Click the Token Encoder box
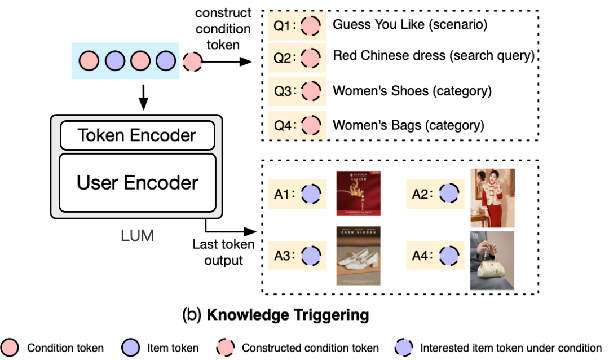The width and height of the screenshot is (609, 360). point(137,135)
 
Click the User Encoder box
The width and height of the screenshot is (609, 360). point(137,183)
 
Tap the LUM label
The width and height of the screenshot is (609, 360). point(138,235)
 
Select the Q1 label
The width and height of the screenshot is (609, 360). point(281,25)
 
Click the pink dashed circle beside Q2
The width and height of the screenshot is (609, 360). point(310,58)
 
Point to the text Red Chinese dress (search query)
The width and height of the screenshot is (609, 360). point(433,56)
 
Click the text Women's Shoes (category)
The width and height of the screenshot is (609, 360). point(412,91)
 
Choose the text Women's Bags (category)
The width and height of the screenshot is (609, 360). point(408,125)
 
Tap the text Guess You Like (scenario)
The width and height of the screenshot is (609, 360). point(410,25)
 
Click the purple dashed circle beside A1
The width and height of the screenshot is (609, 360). point(311,194)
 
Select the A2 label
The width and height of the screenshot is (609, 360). point(420,194)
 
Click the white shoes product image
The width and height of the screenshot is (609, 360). point(358,256)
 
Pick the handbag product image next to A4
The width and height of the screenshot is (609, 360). point(492,260)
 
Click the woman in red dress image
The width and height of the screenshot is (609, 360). point(492,198)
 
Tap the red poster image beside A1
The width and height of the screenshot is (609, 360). point(358,193)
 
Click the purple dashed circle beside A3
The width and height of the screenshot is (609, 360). point(311,256)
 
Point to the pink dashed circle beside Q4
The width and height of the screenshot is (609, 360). point(310,125)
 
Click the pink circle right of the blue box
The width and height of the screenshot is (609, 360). point(192,62)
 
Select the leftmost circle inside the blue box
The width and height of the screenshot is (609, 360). point(89,60)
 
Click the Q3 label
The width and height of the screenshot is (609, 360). point(281,91)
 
